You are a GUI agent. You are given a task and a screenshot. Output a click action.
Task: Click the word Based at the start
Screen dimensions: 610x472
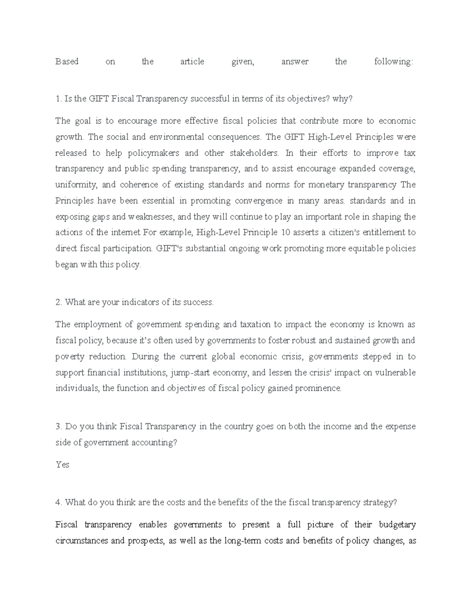(x=67, y=62)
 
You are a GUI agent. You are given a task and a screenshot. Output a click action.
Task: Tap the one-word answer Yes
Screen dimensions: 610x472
(x=62, y=465)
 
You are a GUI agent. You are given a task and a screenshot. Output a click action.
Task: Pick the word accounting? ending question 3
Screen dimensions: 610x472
(x=154, y=443)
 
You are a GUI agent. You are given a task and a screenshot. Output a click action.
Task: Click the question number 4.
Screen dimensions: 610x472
(x=58, y=503)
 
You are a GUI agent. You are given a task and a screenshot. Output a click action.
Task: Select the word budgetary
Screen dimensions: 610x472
(x=397, y=525)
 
